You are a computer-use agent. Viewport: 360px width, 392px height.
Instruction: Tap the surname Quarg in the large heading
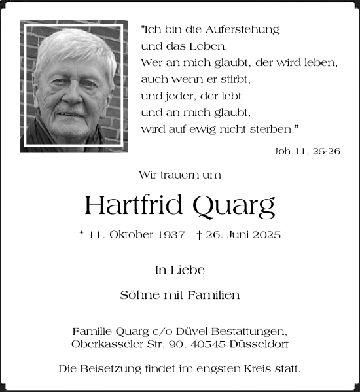click(233, 207)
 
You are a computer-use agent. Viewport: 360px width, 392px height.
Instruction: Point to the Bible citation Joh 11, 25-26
click(306, 151)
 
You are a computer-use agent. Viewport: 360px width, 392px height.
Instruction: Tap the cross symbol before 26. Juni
click(198, 234)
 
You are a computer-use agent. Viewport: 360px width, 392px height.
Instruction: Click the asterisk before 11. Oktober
click(81, 234)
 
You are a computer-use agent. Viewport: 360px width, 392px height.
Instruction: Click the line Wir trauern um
click(179, 175)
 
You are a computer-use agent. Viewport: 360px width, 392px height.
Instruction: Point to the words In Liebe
click(179, 270)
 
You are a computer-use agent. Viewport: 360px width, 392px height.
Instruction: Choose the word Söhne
click(136, 295)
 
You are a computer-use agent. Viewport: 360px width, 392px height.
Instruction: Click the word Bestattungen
click(252, 332)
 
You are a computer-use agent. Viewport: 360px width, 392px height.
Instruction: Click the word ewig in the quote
click(200, 129)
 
